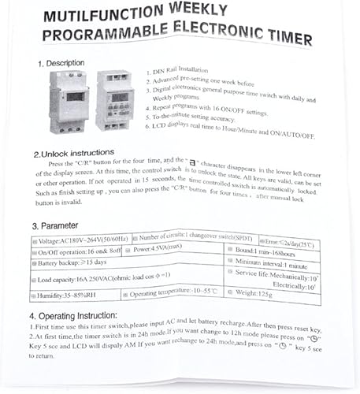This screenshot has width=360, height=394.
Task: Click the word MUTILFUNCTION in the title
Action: pos(100,17)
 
